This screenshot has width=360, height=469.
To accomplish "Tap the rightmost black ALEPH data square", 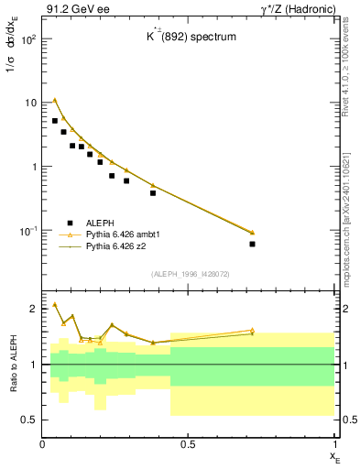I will (252, 244).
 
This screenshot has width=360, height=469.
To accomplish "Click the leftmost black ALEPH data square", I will (55, 121).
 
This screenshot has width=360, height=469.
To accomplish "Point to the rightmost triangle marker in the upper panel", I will (252, 232).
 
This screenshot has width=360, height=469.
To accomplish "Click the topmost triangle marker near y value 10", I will (55, 100).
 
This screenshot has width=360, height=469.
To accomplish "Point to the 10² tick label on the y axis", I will (27, 39).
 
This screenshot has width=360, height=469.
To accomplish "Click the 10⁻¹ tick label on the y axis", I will (27, 231).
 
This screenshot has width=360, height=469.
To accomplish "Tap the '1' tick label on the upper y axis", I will (34, 167).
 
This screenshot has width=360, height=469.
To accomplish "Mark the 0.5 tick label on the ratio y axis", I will (29, 420).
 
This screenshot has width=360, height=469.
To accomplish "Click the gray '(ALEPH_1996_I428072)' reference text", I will (190, 274).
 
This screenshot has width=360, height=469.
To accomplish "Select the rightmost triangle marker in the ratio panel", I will (252, 330).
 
